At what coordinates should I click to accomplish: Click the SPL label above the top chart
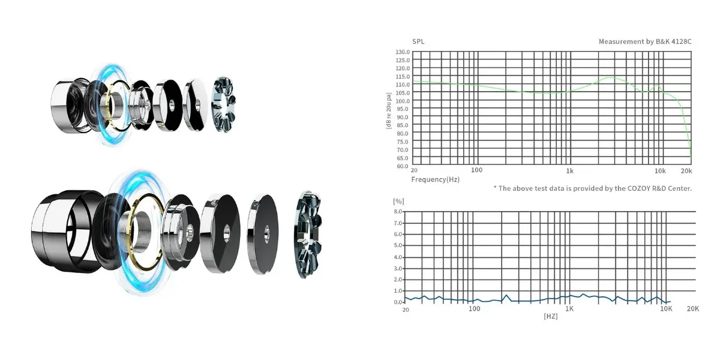click(418, 41)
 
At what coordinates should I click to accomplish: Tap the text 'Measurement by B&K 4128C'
click(645, 41)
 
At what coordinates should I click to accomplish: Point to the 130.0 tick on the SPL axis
click(403, 52)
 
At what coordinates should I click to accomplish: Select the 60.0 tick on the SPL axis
click(403, 166)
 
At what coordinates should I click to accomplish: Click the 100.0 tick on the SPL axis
click(403, 101)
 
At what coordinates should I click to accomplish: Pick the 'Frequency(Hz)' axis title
click(435, 179)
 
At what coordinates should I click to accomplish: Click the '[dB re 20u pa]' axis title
click(389, 110)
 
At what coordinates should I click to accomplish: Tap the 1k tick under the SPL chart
click(569, 171)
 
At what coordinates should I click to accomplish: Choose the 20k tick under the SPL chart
click(686, 171)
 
